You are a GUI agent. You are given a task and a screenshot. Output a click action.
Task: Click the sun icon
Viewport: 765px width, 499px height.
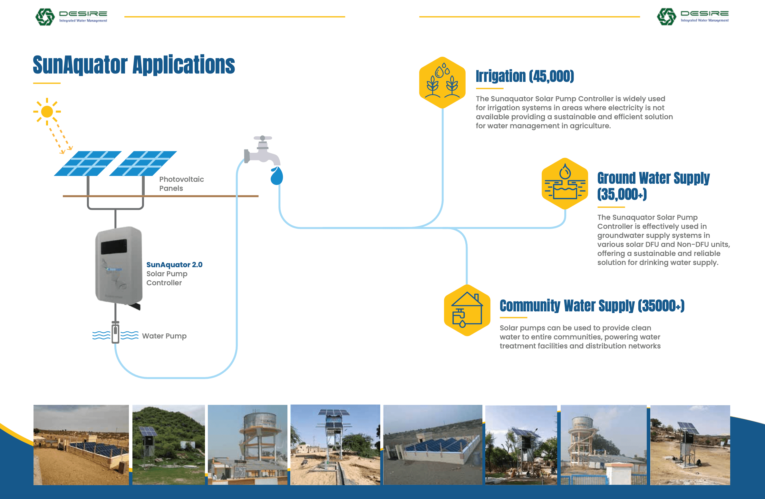(x=47, y=112)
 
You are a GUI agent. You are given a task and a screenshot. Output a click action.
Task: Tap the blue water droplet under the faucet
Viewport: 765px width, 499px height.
(x=276, y=176)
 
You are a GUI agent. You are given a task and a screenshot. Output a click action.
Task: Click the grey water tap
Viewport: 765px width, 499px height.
(x=262, y=150)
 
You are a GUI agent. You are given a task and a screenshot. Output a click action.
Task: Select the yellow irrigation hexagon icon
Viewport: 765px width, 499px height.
(x=442, y=83)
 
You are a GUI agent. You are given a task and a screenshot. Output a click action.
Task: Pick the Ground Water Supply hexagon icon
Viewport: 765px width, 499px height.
(x=565, y=184)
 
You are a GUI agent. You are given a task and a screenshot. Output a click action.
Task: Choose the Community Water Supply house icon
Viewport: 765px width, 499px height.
(x=467, y=310)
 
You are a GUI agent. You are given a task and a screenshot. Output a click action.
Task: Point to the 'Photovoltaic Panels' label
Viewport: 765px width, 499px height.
(x=181, y=184)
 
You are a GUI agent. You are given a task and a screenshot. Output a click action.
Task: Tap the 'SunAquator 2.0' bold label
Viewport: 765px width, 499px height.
(x=174, y=265)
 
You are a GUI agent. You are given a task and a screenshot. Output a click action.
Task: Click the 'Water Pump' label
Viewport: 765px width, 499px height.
(x=164, y=336)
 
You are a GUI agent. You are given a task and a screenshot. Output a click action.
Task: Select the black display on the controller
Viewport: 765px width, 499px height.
(x=114, y=247)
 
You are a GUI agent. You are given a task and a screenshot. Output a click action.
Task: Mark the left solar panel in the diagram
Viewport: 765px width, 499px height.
(x=88, y=163)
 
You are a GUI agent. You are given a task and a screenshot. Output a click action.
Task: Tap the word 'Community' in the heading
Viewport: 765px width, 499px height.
(x=530, y=306)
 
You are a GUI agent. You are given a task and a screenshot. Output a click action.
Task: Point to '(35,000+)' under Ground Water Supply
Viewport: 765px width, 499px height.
(x=622, y=194)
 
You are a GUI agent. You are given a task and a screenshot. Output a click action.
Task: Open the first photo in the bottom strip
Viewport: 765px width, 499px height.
(x=81, y=445)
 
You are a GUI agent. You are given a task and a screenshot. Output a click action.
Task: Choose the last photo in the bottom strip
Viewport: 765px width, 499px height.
(x=690, y=445)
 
